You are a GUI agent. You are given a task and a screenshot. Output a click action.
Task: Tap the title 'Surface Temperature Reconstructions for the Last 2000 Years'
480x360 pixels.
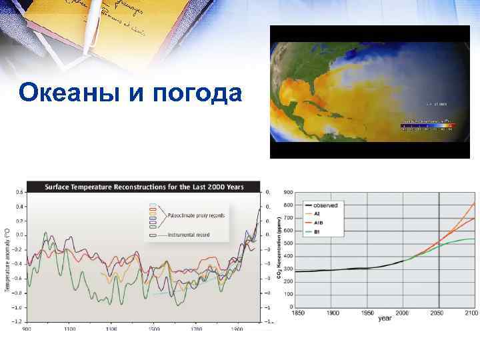(143, 187)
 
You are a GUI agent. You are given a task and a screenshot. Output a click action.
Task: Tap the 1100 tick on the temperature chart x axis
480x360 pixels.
(69, 329)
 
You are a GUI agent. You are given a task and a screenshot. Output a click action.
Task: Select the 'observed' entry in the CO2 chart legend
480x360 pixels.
(327, 205)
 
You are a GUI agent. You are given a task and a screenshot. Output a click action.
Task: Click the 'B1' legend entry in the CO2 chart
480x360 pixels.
(318, 231)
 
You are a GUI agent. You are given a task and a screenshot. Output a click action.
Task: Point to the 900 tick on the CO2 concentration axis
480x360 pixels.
(288, 192)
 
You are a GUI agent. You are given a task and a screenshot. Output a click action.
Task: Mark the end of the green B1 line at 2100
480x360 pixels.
(473, 239)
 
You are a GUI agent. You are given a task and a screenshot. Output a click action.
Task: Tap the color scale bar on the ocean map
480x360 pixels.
(427, 124)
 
